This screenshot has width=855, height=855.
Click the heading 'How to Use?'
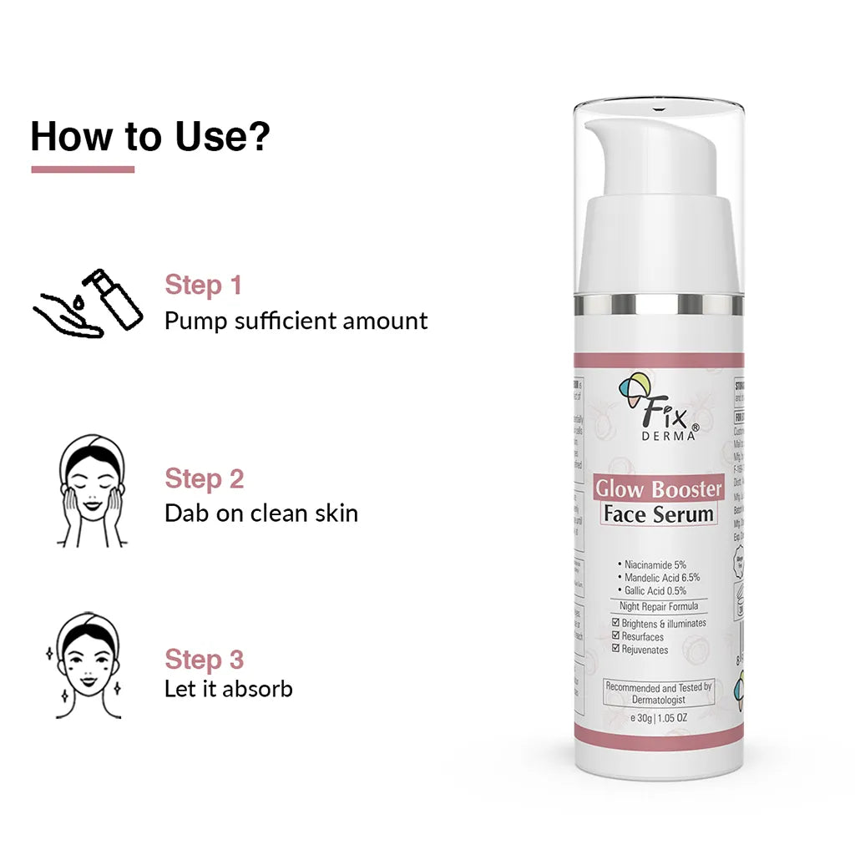coord(150,136)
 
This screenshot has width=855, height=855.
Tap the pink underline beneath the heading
coord(83,169)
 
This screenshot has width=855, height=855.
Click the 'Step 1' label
coord(203,285)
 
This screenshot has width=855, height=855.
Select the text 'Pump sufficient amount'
coord(296,321)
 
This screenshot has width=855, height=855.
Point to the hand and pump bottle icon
coord(88,303)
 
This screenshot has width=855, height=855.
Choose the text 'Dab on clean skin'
coord(261,513)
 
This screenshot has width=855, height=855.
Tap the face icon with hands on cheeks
coord(91,492)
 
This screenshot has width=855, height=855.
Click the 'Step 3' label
coord(205,659)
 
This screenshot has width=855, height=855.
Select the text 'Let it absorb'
coord(228,689)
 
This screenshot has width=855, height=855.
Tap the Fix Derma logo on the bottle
coord(656,410)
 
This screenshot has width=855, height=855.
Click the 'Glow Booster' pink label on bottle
coord(658,488)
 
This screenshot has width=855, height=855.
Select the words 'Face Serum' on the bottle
coord(658,514)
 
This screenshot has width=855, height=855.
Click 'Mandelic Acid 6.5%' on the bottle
coord(661,577)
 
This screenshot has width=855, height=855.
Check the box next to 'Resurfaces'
coord(616,637)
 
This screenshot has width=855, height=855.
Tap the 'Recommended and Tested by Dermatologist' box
coord(658,693)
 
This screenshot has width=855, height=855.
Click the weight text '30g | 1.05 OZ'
coord(660,719)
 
